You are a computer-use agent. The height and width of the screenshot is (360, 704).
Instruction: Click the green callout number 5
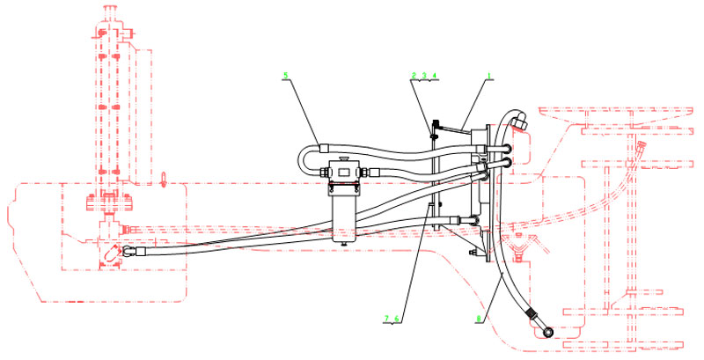coord(285,75)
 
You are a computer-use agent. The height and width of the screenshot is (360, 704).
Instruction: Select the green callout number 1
coord(490,75)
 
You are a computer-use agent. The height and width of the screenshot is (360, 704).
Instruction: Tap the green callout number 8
coord(479,319)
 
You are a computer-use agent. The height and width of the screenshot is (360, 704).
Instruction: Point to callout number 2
coord(414,75)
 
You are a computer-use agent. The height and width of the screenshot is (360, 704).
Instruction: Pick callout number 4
coord(434,75)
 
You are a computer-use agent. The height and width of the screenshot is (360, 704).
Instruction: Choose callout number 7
coord(386,319)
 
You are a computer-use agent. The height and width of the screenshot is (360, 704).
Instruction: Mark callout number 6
coord(397,319)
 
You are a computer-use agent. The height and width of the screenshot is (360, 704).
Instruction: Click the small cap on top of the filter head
coord(344,158)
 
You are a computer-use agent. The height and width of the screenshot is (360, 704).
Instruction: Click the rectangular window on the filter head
coord(344,172)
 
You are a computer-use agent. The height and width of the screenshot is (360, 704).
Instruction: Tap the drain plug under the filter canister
coord(344,243)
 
